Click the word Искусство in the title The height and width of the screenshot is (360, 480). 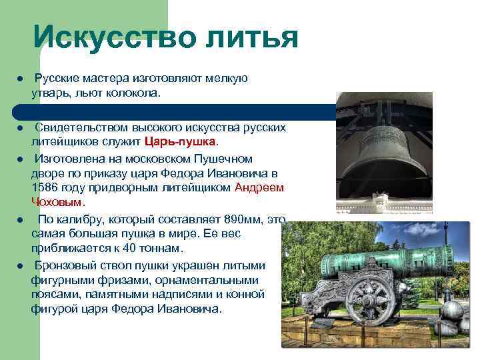tap(112, 37)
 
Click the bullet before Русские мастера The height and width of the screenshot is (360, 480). tap(21, 79)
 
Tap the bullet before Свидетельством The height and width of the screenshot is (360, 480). tap(21, 128)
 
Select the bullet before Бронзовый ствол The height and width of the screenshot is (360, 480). tap(21, 265)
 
